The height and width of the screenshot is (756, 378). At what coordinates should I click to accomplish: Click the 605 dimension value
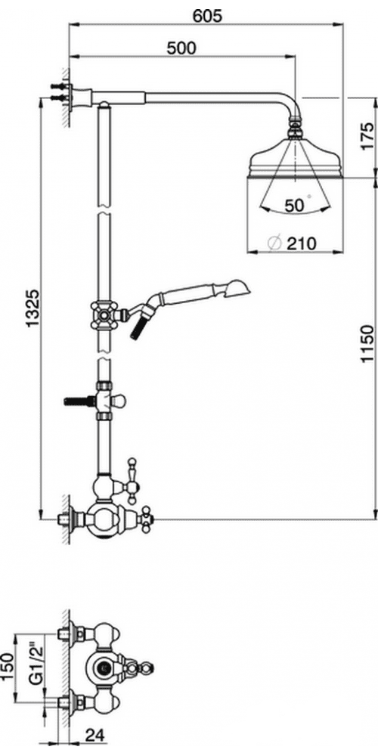tap(207, 16)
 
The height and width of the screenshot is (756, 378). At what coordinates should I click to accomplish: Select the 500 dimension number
tap(181, 48)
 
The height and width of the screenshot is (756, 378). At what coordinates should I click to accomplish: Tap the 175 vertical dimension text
tap(367, 136)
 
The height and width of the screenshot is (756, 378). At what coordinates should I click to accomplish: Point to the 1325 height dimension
tap(33, 308)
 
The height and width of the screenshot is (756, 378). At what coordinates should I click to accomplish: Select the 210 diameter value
tap(302, 243)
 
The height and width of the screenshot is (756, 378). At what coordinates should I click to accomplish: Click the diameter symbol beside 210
tap(274, 243)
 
